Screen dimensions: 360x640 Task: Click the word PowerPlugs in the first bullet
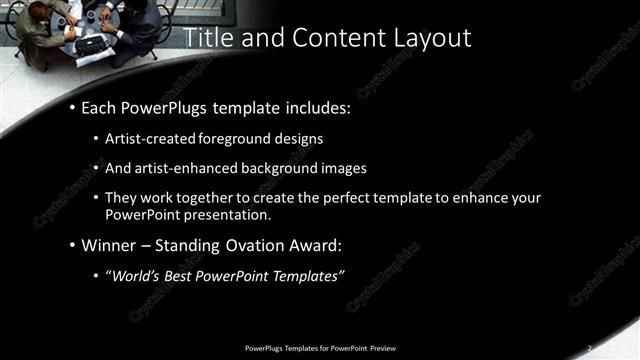pyautogui.click(x=163, y=106)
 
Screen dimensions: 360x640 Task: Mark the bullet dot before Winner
pyautogui.click(x=73, y=246)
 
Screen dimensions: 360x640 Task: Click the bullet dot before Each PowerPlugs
pyautogui.click(x=73, y=107)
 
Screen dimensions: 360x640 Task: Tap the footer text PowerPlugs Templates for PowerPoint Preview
pyautogui.click(x=319, y=347)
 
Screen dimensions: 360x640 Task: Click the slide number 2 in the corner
pyautogui.click(x=590, y=347)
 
